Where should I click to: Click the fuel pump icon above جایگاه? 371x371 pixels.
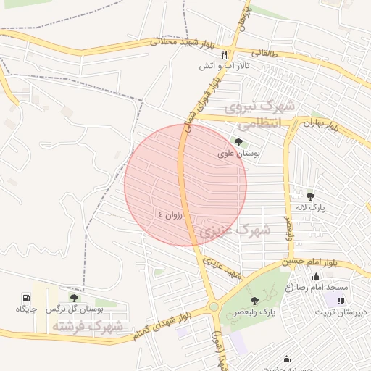(x=27, y=297)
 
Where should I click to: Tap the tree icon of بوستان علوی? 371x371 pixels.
(x=239, y=142)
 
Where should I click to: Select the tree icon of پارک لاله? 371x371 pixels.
(x=311, y=196)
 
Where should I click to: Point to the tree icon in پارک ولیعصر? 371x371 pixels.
(x=254, y=300)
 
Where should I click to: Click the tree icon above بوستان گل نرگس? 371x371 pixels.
(x=74, y=297)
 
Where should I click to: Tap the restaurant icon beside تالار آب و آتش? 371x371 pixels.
(x=225, y=54)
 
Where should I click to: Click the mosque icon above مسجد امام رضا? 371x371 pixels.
(x=316, y=276)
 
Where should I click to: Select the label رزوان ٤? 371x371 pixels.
(x=172, y=214)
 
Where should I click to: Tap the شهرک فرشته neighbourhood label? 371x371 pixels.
(x=86, y=328)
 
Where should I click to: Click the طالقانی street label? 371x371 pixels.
(x=264, y=53)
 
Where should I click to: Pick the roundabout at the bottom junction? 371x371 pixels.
(x=214, y=307)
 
